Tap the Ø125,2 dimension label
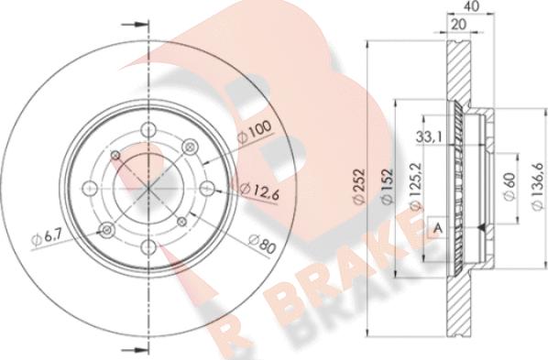(416, 187)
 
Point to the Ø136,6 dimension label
(538, 187)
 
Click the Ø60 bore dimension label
(510, 187)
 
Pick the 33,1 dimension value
(429, 136)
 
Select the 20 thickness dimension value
(459, 25)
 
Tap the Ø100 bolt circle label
(254, 131)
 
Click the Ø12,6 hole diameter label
(259, 191)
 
